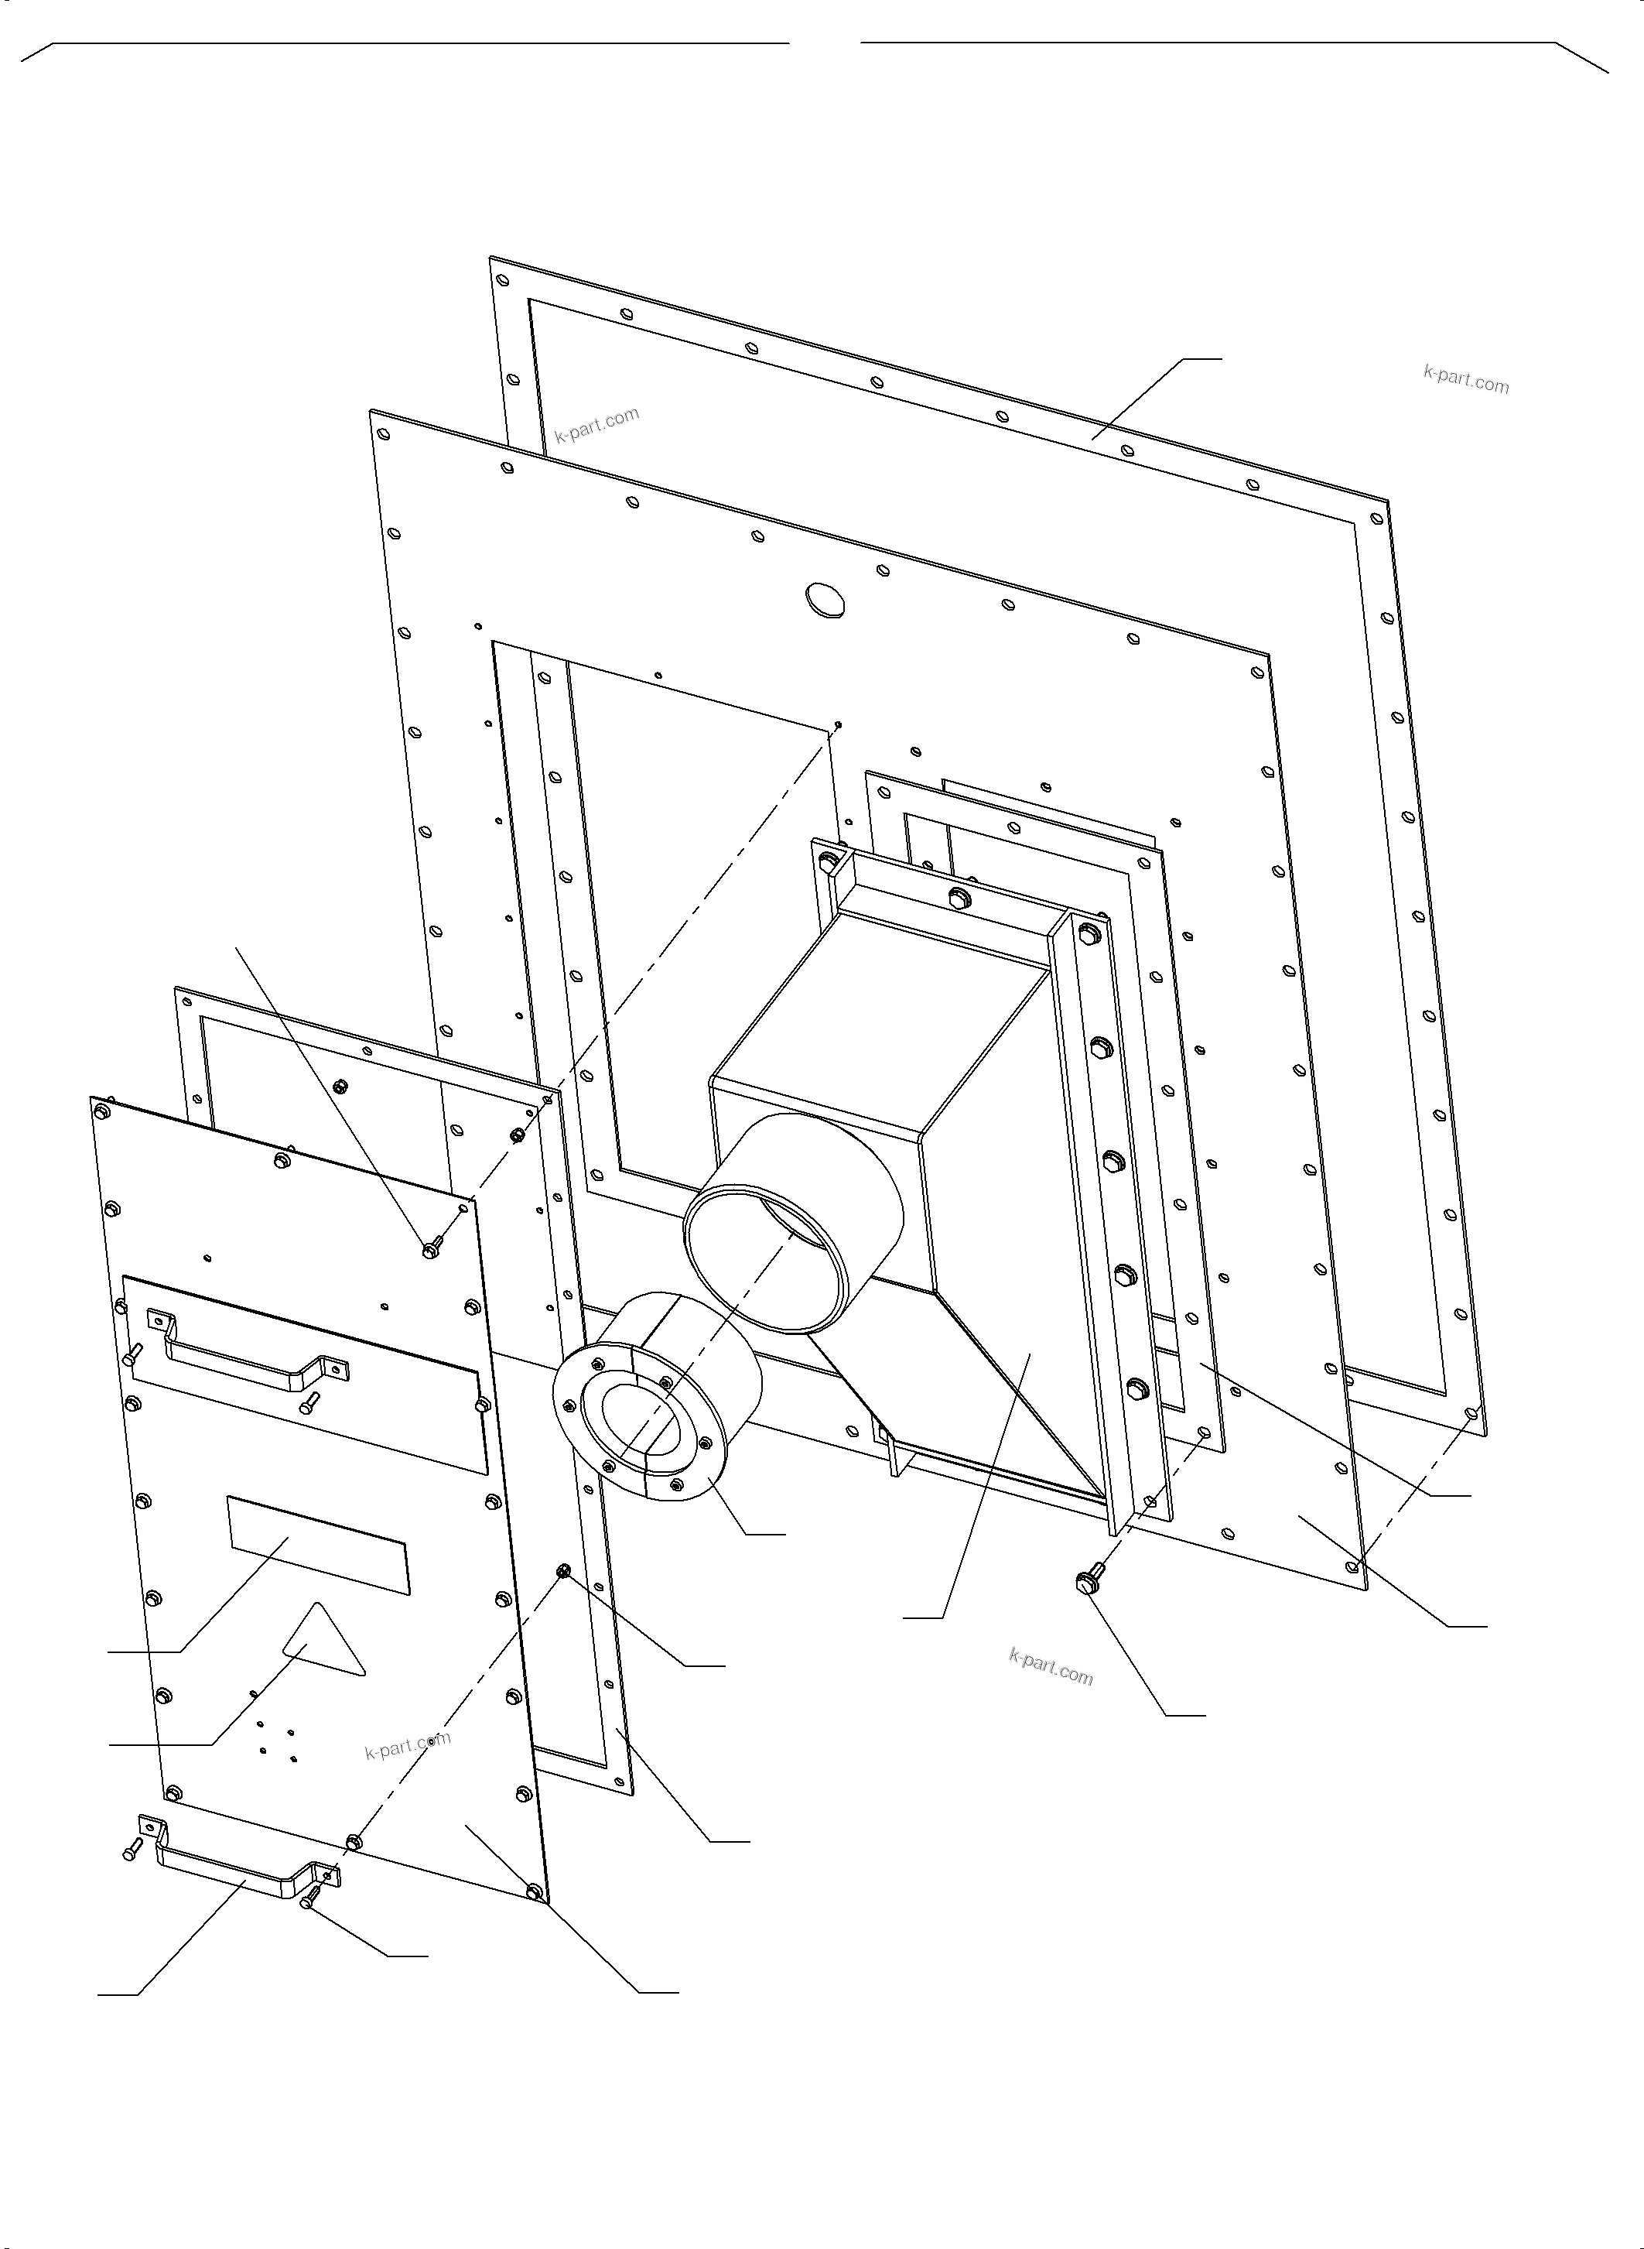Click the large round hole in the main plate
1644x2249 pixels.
click(x=824, y=599)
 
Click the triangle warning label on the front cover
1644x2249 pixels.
click(x=321, y=1641)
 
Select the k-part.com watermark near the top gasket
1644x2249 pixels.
click(x=597, y=424)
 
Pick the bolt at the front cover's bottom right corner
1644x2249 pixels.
click(x=535, y=1891)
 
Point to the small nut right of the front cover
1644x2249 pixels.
click(x=563, y=1571)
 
